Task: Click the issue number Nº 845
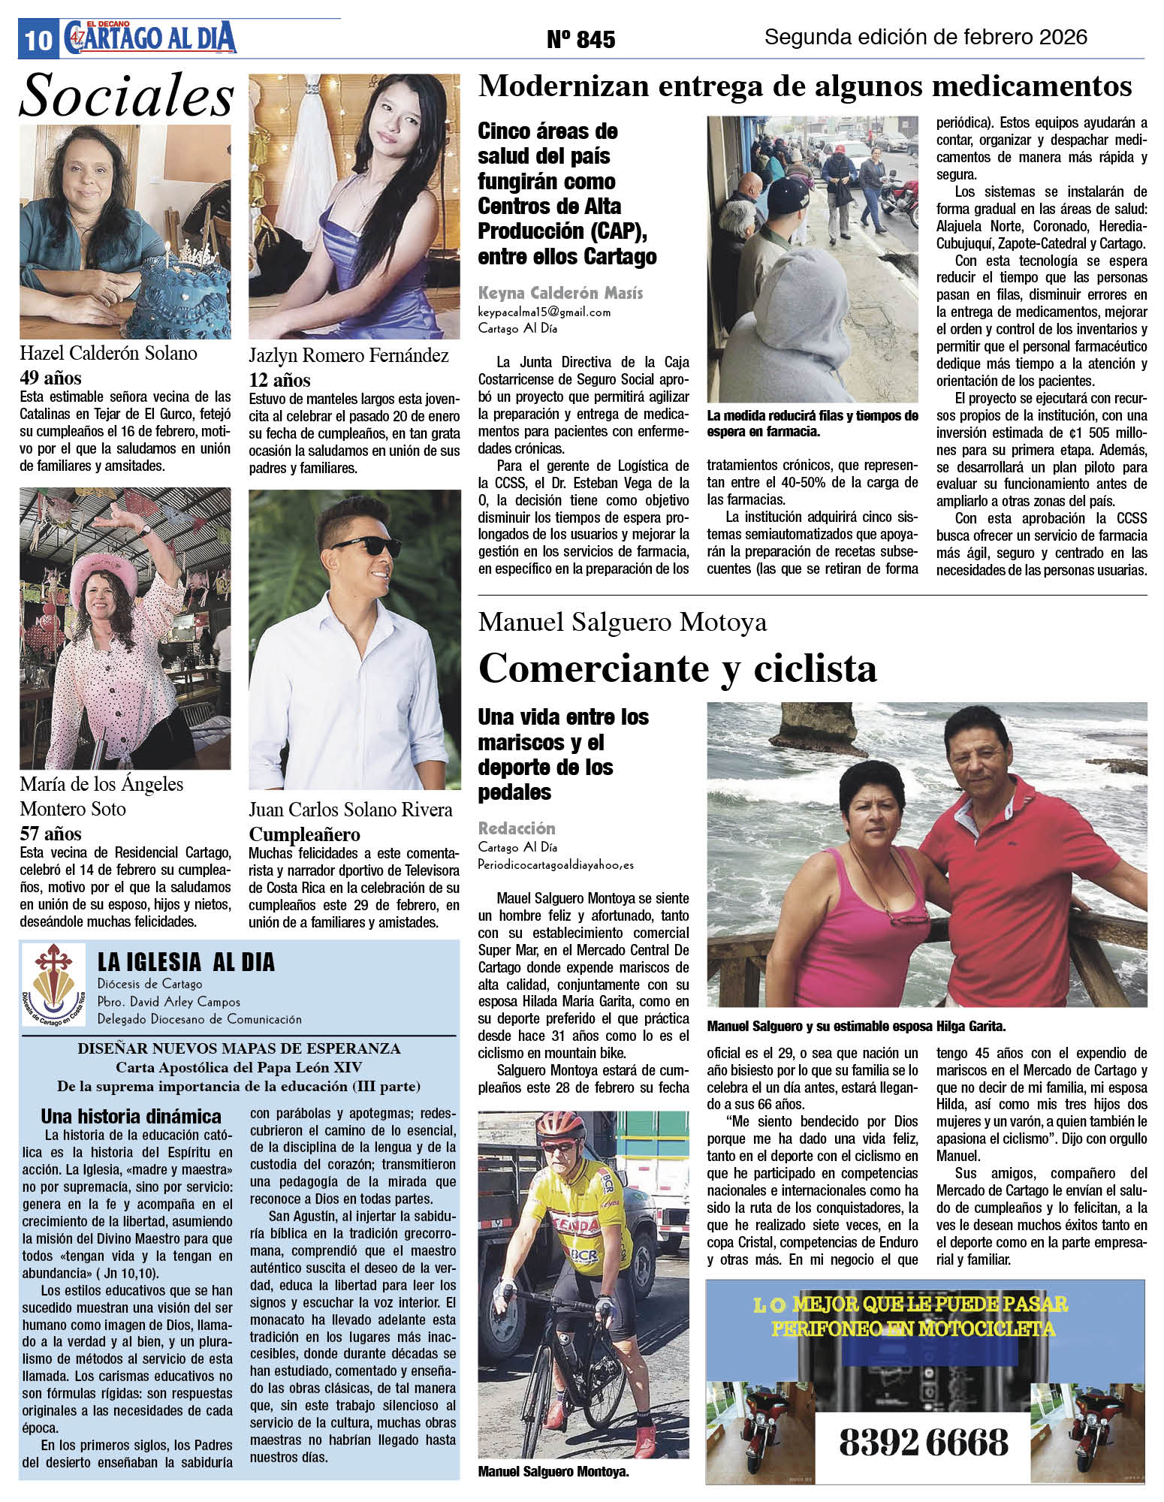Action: tap(580, 39)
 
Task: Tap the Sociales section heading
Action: tap(126, 96)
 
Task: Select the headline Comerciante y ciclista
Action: tap(677, 668)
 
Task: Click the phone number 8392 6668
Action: tap(924, 1443)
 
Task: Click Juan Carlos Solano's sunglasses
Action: tap(366, 546)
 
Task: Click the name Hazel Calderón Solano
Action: tap(108, 353)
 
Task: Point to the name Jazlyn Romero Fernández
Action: tap(348, 355)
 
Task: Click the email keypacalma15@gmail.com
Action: tap(544, 312)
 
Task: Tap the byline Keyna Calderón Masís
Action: tap(560, 293)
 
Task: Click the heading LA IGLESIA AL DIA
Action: tap(186, 962)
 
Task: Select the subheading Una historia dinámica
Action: tap(131, 1116)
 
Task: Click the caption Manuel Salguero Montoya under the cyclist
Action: tap(553, 1472)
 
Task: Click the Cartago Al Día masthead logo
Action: tap(150, 37)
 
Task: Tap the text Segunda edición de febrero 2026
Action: tap(925, 37)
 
